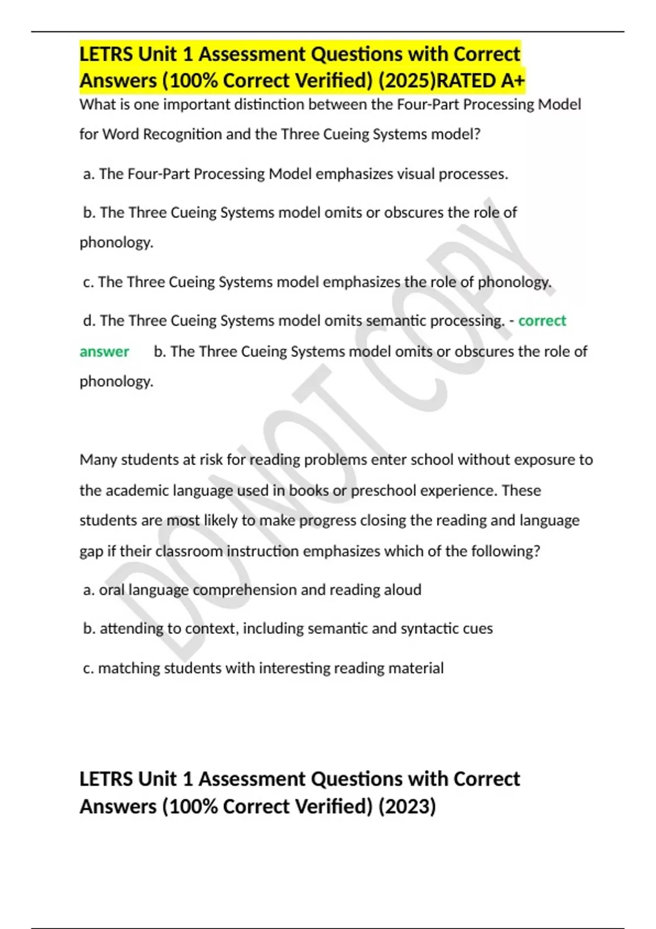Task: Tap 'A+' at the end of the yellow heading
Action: (512, 81)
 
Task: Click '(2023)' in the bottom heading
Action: (407, 807)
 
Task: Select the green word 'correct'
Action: (542, 321)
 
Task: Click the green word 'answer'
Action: (104, 351)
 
